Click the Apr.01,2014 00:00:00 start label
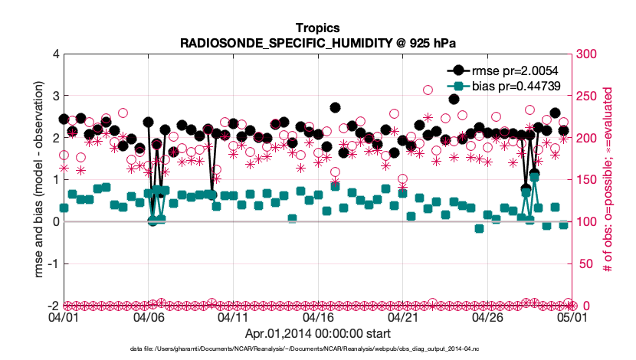tap(317, 333)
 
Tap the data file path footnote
tap(317, 349)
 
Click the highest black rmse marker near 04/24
tap(454, 99)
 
